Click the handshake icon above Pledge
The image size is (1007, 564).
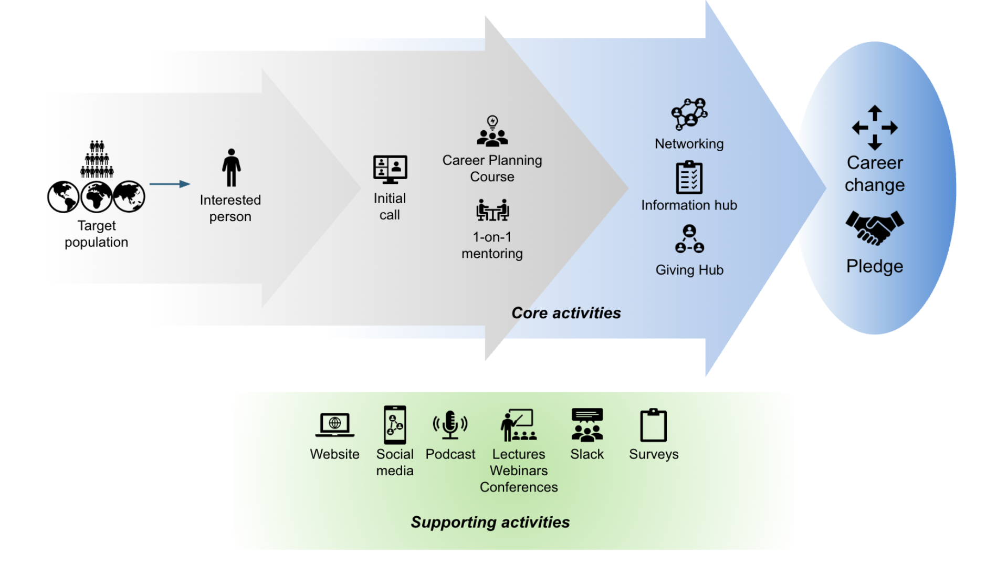[874, 228]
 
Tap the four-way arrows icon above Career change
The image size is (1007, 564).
[874, 128]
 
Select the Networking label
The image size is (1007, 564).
[689, 144]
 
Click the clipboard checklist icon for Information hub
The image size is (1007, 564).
[689, 177]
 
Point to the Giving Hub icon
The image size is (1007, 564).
[689, 239]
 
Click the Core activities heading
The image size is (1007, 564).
[566, 313]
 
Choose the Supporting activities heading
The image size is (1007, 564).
[490, 522]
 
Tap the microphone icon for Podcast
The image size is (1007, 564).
[450, 425]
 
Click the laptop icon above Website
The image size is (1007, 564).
[334, 425]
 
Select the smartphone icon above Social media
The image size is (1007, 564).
[395, 425]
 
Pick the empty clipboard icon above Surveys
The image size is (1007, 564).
[653, 425]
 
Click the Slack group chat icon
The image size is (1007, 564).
[587, 425]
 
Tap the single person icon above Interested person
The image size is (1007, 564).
[231, 168]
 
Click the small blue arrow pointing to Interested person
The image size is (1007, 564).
[170, 184]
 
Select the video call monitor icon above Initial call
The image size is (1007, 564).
[390, 169]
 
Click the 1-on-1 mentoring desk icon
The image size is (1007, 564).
[492, 210]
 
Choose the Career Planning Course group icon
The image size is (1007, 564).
[492, 131]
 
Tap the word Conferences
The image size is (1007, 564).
[518, 487]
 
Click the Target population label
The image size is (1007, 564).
[97, 234]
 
